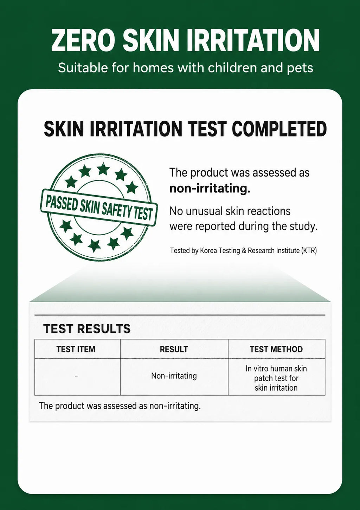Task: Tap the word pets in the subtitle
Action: (300, 68)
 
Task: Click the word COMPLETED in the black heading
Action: (279, 129)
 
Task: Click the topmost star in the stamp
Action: (103, 169)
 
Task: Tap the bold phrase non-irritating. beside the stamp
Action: (210, 189)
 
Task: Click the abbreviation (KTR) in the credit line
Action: (309, 251)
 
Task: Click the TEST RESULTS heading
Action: (87, 329)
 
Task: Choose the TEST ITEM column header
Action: (76, 349)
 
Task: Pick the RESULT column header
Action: (174, 349)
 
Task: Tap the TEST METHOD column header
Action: (276, 349)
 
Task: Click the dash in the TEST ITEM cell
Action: (76, 376)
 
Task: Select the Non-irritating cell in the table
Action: (174, 376)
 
